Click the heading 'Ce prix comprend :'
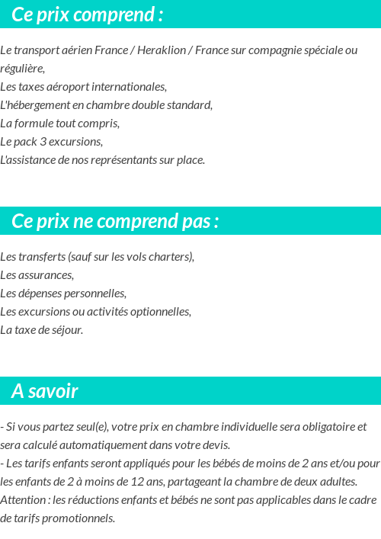[87, 14]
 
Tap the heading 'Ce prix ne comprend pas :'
[115, 221]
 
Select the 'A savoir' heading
[45, 391]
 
